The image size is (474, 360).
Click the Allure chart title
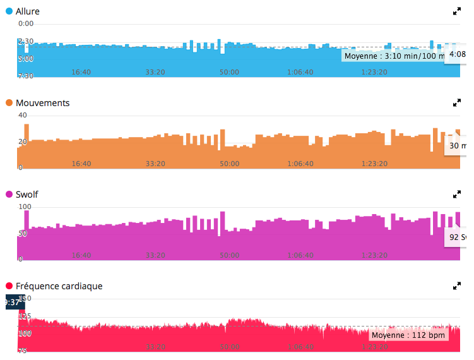pos(27,11)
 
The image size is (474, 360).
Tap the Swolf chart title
pos(27,195)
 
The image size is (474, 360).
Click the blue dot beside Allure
pos(9,11)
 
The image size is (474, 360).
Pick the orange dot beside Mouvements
pos(9,103)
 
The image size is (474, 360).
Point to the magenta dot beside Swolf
pos(9,195)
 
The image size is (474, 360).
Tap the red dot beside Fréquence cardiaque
pos(9,286)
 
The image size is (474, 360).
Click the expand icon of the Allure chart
pos(458,11)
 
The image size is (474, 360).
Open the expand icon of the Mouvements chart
pos(458,103)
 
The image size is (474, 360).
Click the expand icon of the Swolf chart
pos(458,195)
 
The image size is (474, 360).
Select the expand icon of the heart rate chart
pos(458,286)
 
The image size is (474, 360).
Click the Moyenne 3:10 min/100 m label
pos(394,56)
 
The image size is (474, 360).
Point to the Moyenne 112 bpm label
pos(408,335)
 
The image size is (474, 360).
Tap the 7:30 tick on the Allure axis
pos(26,76)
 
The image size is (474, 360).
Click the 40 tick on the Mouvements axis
pos(23,115)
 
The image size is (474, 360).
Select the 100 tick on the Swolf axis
pos(25,207)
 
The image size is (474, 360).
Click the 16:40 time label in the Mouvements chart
pos(81,164)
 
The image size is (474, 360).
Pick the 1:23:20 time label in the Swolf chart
pos(374,255)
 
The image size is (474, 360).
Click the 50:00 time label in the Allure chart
pos(229,72)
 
